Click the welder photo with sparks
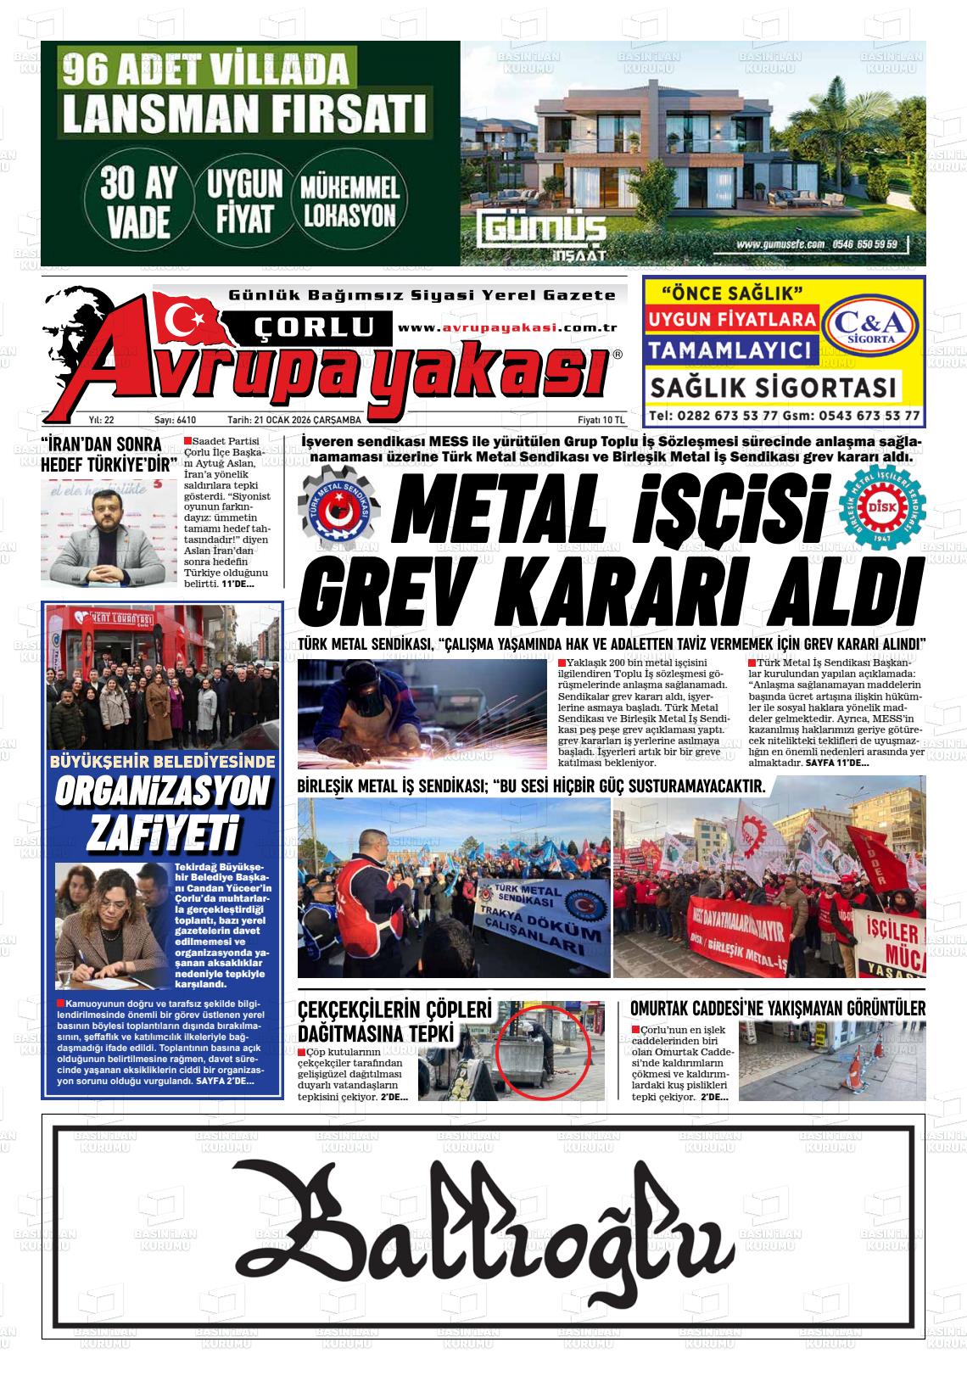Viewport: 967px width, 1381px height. [422, 714]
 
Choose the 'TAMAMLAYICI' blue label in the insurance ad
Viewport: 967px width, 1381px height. [730, 349]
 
